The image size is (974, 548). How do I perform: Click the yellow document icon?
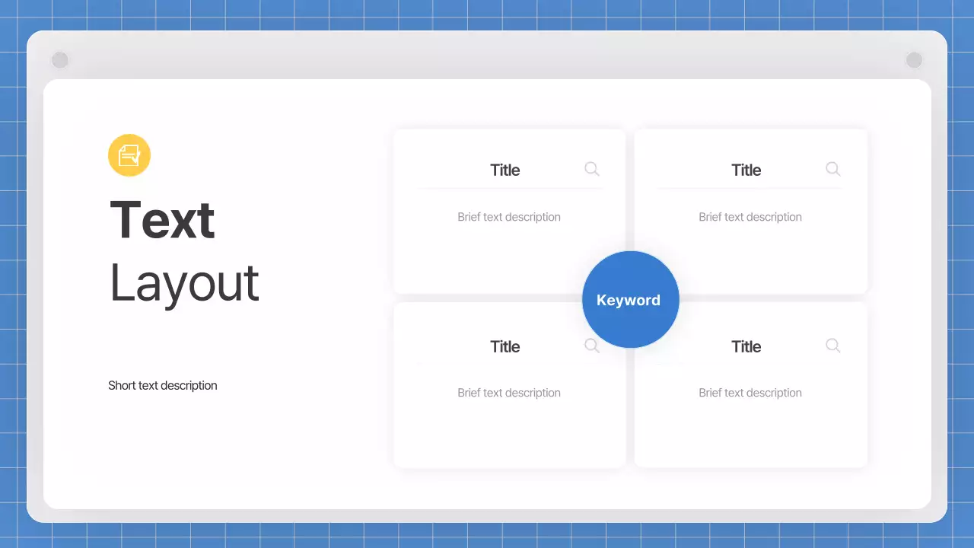tap(129, 155)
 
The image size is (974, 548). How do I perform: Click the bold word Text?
tap(162, 220)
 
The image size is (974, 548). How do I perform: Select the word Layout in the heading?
tap(184, 283)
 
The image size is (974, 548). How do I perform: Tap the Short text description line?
tap(163, 386)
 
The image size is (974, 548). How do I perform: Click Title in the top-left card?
tap(505, 170)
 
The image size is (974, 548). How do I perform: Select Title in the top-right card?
tap(746, 170)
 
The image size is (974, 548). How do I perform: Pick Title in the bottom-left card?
tap(505, 347)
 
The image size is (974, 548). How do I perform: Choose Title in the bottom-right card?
tap(746, 347)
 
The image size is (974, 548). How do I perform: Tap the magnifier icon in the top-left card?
tap(592, 169)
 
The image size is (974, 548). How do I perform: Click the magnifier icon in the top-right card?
tap(833, 169)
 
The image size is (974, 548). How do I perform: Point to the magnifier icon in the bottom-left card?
tap(592, 346)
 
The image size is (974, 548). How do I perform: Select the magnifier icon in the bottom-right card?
tap(833, 346)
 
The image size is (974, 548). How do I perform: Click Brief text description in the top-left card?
tap(509, 217)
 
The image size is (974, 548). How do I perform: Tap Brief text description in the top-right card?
tap(750, 217)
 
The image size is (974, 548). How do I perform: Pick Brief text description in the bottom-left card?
tap(509, 393)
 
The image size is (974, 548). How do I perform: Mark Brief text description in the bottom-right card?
tap(750, 393)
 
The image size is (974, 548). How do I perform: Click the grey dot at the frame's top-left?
tap(60, 60)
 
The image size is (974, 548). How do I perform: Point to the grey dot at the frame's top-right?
tap(914, 60)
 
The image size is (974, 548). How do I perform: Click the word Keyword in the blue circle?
tap(629, 300)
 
